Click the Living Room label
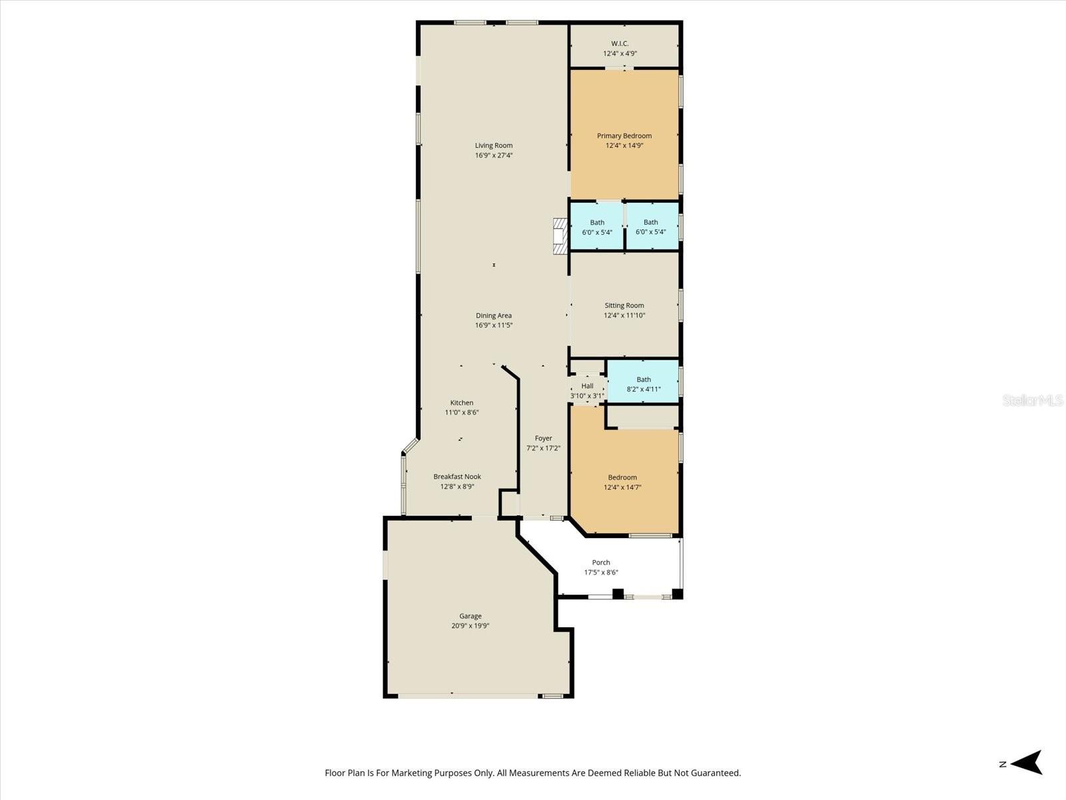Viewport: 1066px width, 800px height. pos(494,145)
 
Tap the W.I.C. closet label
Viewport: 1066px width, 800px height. pos(620,43)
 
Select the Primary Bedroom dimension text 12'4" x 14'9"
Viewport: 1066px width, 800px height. pos(624,145)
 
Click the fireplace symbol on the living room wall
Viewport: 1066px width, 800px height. pos(560,236)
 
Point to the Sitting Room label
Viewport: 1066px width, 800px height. pos(624,305)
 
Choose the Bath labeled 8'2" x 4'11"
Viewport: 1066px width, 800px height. pos(643,384)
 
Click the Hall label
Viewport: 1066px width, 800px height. pos(587,386)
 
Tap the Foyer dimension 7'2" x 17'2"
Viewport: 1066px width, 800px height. pos(543,449)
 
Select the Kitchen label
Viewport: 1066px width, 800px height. pos(462,403)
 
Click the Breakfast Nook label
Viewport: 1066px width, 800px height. pos(457,477)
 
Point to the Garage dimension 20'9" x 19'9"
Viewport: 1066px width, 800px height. pos(470,626)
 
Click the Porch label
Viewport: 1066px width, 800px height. pos(601,563)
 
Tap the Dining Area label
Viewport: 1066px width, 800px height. pos(494,315)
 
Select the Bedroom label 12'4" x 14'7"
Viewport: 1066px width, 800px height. pos(622,477)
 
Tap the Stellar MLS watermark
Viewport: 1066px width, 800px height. pos(1033,401)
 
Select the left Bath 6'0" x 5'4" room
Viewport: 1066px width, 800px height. pos(597,227)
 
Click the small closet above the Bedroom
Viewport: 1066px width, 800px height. pos(643,417)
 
